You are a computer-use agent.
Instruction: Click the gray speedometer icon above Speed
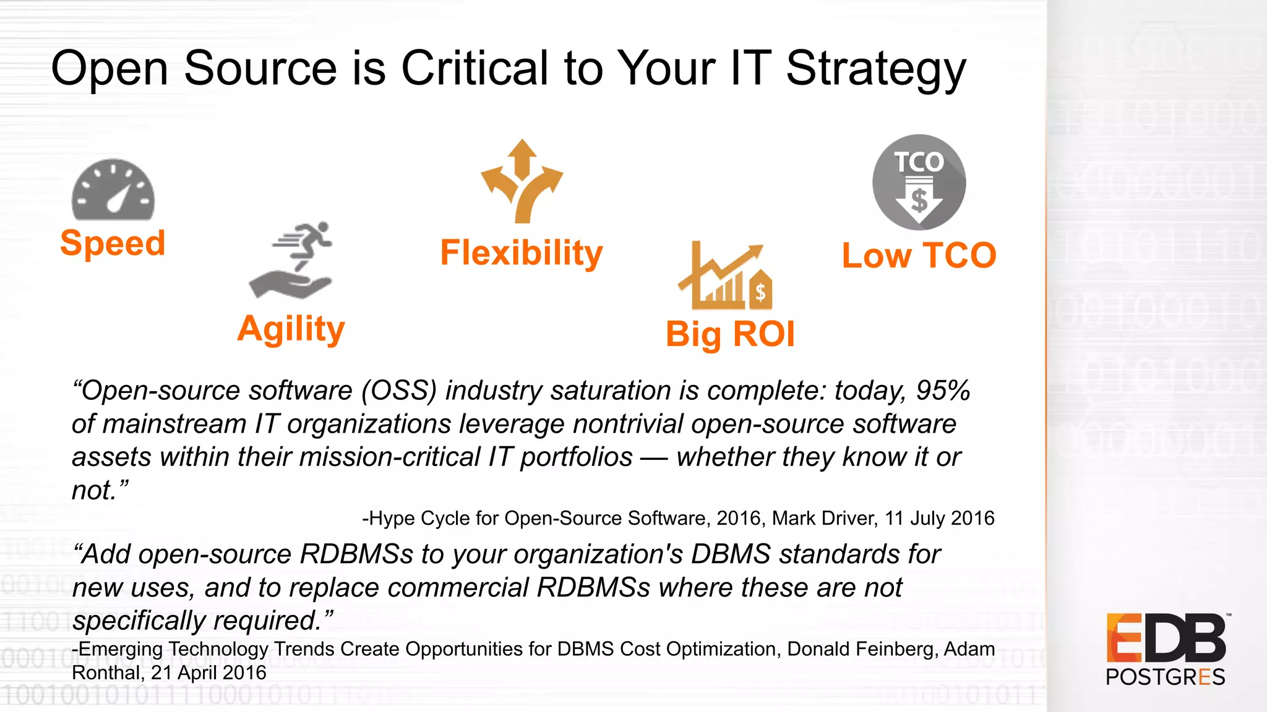click(x=113, y=190)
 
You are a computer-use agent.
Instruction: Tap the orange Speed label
click(x=113, y=243)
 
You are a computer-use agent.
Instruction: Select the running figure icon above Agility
click(x=291, y=260)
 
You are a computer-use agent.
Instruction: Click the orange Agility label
click(x=291, y=329)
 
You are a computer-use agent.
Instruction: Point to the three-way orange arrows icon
click(x=522, y=181)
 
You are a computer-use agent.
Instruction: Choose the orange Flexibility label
click(x=521, y=253)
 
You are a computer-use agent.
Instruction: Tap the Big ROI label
click(x=730, y=334)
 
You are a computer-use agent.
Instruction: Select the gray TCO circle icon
click(x=919, y=183)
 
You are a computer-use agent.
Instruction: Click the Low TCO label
click(x=919, y=256)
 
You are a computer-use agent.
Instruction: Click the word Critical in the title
click(x=475, y=68)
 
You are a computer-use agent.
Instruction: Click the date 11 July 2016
click(x=939, y=518)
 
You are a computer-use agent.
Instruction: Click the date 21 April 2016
click(x=208, y=672)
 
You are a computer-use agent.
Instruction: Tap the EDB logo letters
click(x=1166, y=638)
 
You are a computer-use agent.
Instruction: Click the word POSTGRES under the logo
click(x=1165, y=677)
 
